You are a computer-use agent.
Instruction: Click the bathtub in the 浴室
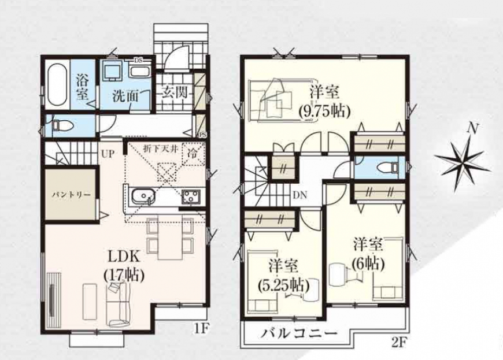57,85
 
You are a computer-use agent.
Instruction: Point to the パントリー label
71,195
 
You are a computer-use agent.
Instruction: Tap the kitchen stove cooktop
191,196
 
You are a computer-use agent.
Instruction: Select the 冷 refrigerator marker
193,154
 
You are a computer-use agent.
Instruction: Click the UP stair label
108,154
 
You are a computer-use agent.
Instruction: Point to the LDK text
124,257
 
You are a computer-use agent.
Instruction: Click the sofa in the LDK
118,304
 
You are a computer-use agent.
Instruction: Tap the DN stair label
300,195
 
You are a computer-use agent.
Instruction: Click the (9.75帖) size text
324,112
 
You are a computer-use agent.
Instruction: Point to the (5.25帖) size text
284,285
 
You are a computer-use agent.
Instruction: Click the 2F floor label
399,344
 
